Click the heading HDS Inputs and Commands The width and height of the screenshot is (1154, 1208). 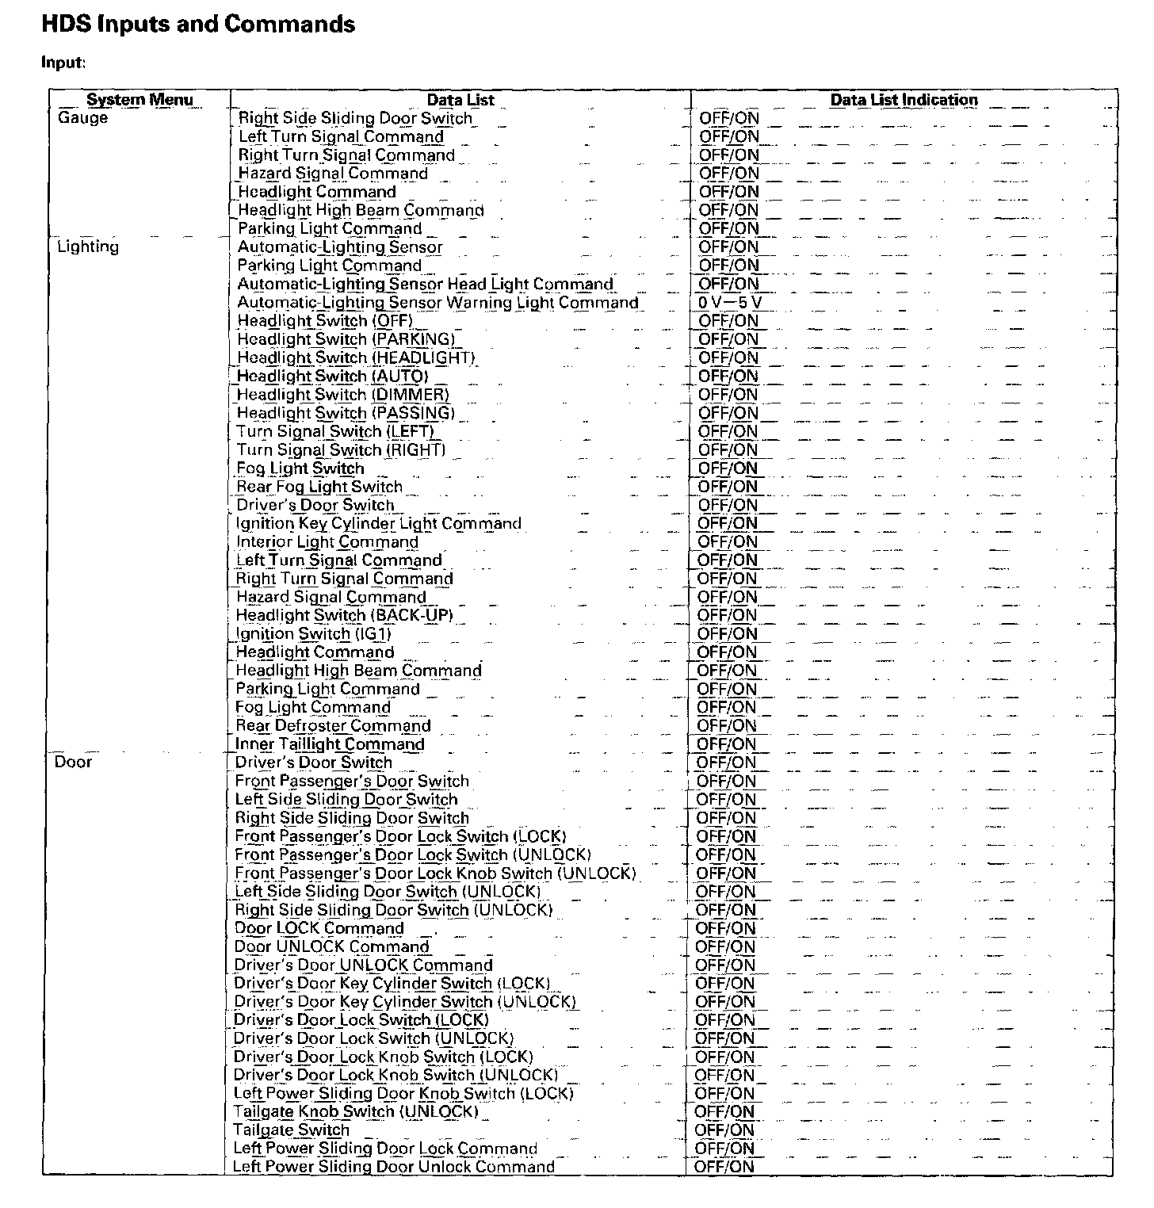(x=198, y=25)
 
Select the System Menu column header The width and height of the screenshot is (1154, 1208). (x=139, y=100)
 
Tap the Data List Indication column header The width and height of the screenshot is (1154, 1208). (x=904, y=100)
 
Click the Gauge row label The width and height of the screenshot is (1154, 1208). (x=82, y=118)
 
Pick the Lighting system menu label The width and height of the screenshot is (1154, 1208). (x=88, y=247)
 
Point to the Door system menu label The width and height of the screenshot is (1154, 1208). (x=73, y=762)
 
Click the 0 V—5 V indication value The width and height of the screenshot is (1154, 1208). (x=730, y=302)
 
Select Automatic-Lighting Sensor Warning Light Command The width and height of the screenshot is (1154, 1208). (x=438, y=302)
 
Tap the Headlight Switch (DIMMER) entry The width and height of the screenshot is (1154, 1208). (x=343, y=394)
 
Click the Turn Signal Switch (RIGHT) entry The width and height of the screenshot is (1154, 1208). (x=342, y=449)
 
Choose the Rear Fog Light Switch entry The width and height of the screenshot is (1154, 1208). (x=319, y=487)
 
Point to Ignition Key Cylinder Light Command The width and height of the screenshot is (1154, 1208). (x=379, y=523)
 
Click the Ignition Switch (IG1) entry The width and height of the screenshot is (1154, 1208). (x=314, y=633)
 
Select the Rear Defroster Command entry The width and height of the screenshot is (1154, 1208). (x=333, y=725)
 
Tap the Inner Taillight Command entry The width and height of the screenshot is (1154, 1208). (x=330, y=744)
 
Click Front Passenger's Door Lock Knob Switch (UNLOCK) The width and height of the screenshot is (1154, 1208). (x=435, y=873)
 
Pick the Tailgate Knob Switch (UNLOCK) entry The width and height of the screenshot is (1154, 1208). (x=356, y=1111)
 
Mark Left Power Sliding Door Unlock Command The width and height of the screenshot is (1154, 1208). (x=394, y=1166)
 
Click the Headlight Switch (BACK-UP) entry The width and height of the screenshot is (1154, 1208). (x=345, y=615)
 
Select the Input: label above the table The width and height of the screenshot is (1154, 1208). (x=63, y=63)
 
